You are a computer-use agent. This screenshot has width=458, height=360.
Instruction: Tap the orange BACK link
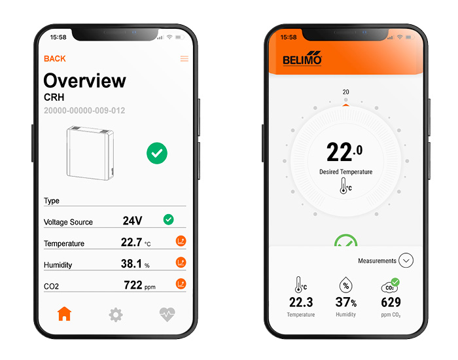54,59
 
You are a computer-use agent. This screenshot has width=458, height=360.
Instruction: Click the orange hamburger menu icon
185,59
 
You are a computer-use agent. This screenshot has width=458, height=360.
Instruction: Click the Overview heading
84,81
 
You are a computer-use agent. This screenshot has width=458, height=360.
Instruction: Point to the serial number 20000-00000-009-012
84,111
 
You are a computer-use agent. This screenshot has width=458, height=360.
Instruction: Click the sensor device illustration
90,153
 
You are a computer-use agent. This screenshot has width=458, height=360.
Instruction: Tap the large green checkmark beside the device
157,153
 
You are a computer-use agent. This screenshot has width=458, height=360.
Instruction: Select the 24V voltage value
132,221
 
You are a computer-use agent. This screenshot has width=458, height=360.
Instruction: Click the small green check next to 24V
169,219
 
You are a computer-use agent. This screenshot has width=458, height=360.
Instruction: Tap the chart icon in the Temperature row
181,241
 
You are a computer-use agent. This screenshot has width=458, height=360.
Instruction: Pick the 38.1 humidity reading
131,264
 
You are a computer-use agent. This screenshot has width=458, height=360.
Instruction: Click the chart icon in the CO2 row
181,283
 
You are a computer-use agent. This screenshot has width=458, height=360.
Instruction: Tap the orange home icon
64,314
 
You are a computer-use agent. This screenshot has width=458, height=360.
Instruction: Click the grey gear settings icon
116,315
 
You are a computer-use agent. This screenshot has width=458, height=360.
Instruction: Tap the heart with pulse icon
167,314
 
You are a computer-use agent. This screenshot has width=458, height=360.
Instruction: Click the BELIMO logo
302,58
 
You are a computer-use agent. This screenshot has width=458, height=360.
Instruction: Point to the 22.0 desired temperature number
344,152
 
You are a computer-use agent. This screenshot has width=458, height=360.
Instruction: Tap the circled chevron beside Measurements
406,261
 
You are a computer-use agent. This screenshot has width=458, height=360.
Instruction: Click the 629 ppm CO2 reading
391,302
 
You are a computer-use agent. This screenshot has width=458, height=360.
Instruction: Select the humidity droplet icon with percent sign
346,285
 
